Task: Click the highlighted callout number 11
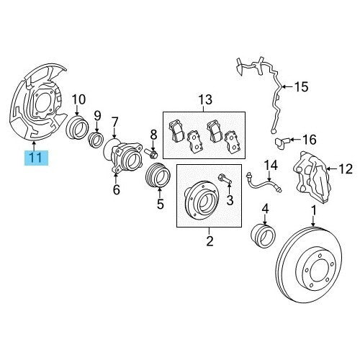coord(36,158)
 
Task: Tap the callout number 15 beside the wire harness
coord(301,87)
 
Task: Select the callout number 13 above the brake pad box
coord(205,99)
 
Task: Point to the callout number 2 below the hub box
coord(210,240)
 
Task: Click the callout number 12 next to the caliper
coord(345,169)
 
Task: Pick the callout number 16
coord(309,140)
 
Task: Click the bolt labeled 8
coord(150,153)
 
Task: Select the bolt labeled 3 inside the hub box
coord(225,179)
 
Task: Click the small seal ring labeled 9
coord(96,140)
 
